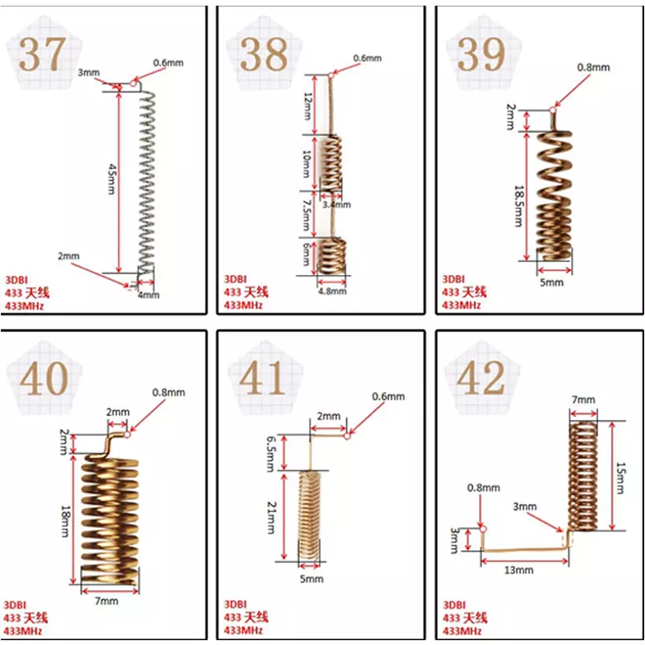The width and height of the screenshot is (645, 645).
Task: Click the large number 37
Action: click(42, 54)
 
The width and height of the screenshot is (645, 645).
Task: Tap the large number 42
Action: click(481, 377)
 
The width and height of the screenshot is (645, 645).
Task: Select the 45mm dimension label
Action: click(111, 179)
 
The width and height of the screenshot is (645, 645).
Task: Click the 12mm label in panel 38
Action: click(307, 106)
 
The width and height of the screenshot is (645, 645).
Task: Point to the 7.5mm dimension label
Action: click(306, 215)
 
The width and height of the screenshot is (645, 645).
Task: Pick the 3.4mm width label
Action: click(336, 205)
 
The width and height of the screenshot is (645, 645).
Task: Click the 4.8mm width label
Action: click(332, 291)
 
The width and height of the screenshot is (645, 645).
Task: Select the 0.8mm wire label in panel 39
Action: click(593, 67)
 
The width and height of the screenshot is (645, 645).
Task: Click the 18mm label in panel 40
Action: click(64, 521)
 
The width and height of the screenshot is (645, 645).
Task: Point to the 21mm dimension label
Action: click(271, 517)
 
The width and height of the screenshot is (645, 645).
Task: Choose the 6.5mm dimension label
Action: click(271, 453)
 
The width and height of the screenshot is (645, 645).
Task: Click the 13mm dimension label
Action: click(518, 570)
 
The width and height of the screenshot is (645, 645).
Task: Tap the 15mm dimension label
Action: click(619, 477)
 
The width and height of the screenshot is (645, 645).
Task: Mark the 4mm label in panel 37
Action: click(148, 295)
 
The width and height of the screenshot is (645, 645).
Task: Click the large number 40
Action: click(44, 378)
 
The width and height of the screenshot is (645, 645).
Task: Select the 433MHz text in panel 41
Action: click(243, 630)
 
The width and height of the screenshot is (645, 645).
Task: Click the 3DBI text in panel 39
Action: click(453, 279)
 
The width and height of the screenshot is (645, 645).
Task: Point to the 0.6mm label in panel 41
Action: click(389, 397)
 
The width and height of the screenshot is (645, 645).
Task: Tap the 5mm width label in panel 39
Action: click(551, 283)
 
